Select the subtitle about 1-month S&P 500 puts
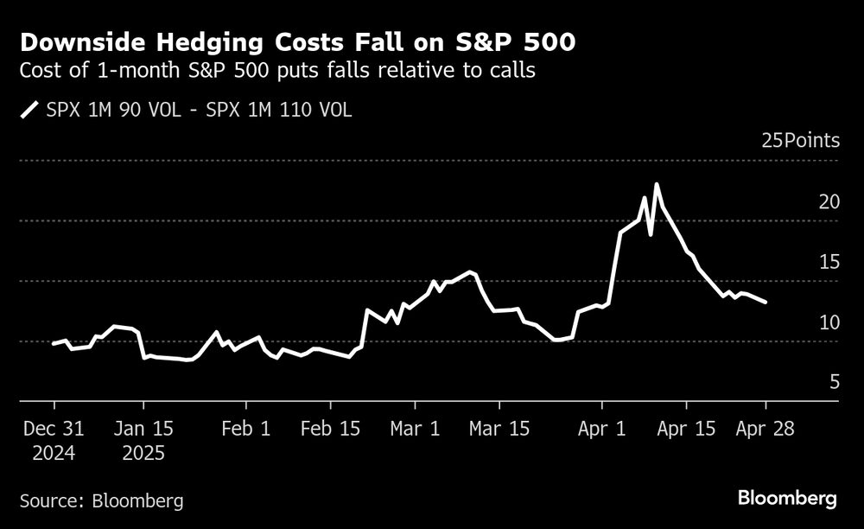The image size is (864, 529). coord(277,71)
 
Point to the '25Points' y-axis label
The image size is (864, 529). coord(800,141)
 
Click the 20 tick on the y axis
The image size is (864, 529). coord(829,201)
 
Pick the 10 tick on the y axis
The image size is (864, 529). coord(829,322)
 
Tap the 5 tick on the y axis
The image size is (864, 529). coord(834,381)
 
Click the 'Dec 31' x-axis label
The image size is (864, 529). coord(54,429)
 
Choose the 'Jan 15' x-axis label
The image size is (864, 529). coord(143,429)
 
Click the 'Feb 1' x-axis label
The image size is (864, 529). coord(246,429)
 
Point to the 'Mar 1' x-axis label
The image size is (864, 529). coord(415,429)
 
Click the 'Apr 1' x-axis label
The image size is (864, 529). coord(601,429)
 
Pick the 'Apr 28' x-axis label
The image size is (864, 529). coord(766,429)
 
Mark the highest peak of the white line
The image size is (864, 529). coord(657,184)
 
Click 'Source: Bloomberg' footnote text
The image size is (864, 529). coord(101,500)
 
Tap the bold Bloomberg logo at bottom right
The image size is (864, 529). coord(787,498)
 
